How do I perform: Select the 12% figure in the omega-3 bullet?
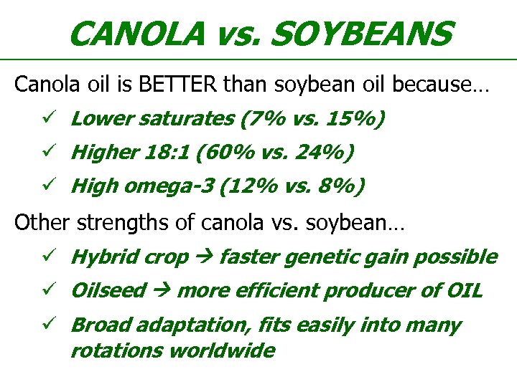point(246,187)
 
